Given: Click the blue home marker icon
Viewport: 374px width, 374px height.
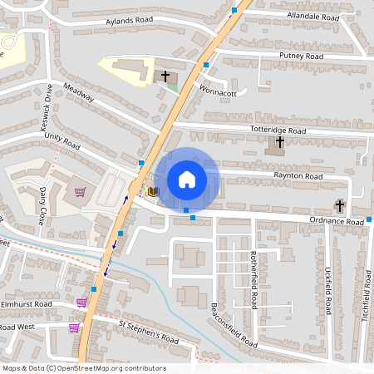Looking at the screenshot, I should (186, 179).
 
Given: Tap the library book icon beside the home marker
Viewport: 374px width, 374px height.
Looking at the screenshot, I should (153, 191).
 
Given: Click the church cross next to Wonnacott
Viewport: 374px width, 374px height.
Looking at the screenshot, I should (165, 76).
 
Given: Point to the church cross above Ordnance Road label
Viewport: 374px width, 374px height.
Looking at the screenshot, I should (339, 205).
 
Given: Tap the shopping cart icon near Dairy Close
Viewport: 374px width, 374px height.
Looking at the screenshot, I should (80, 193).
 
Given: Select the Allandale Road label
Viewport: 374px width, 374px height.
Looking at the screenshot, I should (313, 17).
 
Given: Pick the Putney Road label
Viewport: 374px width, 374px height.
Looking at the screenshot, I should (302, 56).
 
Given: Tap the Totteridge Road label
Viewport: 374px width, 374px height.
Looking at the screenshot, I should (278, 131).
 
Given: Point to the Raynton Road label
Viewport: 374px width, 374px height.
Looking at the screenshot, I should (298, 177).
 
